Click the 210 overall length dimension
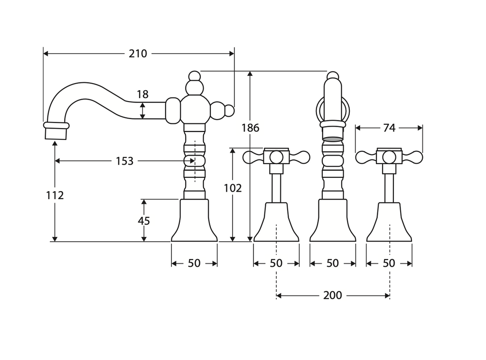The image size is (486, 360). [x=138, y=54]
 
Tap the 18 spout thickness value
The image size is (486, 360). [x=142, y=94]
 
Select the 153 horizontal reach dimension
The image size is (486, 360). [x=124, y=161]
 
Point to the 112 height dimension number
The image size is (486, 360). [x=55, y=195]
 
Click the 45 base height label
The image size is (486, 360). [x=144, y=221]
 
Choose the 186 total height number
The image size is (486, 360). [x=250, y=128]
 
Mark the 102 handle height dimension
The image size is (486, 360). [x=233, y=188]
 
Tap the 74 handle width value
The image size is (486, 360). [x=389, y=128]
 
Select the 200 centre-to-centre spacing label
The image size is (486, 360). [x=332, y=295]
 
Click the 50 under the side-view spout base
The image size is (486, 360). [x=194, y=263]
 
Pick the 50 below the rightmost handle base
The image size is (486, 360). [x=389, y=263]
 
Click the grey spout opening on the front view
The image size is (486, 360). [x=333, y=139]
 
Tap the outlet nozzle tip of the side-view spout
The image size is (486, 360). [x=56, y=131]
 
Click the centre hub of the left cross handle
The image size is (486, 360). [x=276, y=157]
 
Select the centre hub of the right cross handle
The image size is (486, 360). [x=389, y=157]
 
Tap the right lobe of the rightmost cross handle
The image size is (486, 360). [x=413, y=157]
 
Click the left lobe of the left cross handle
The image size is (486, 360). [x=252, y=157]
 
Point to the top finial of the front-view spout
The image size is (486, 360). [x=333, y=75]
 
